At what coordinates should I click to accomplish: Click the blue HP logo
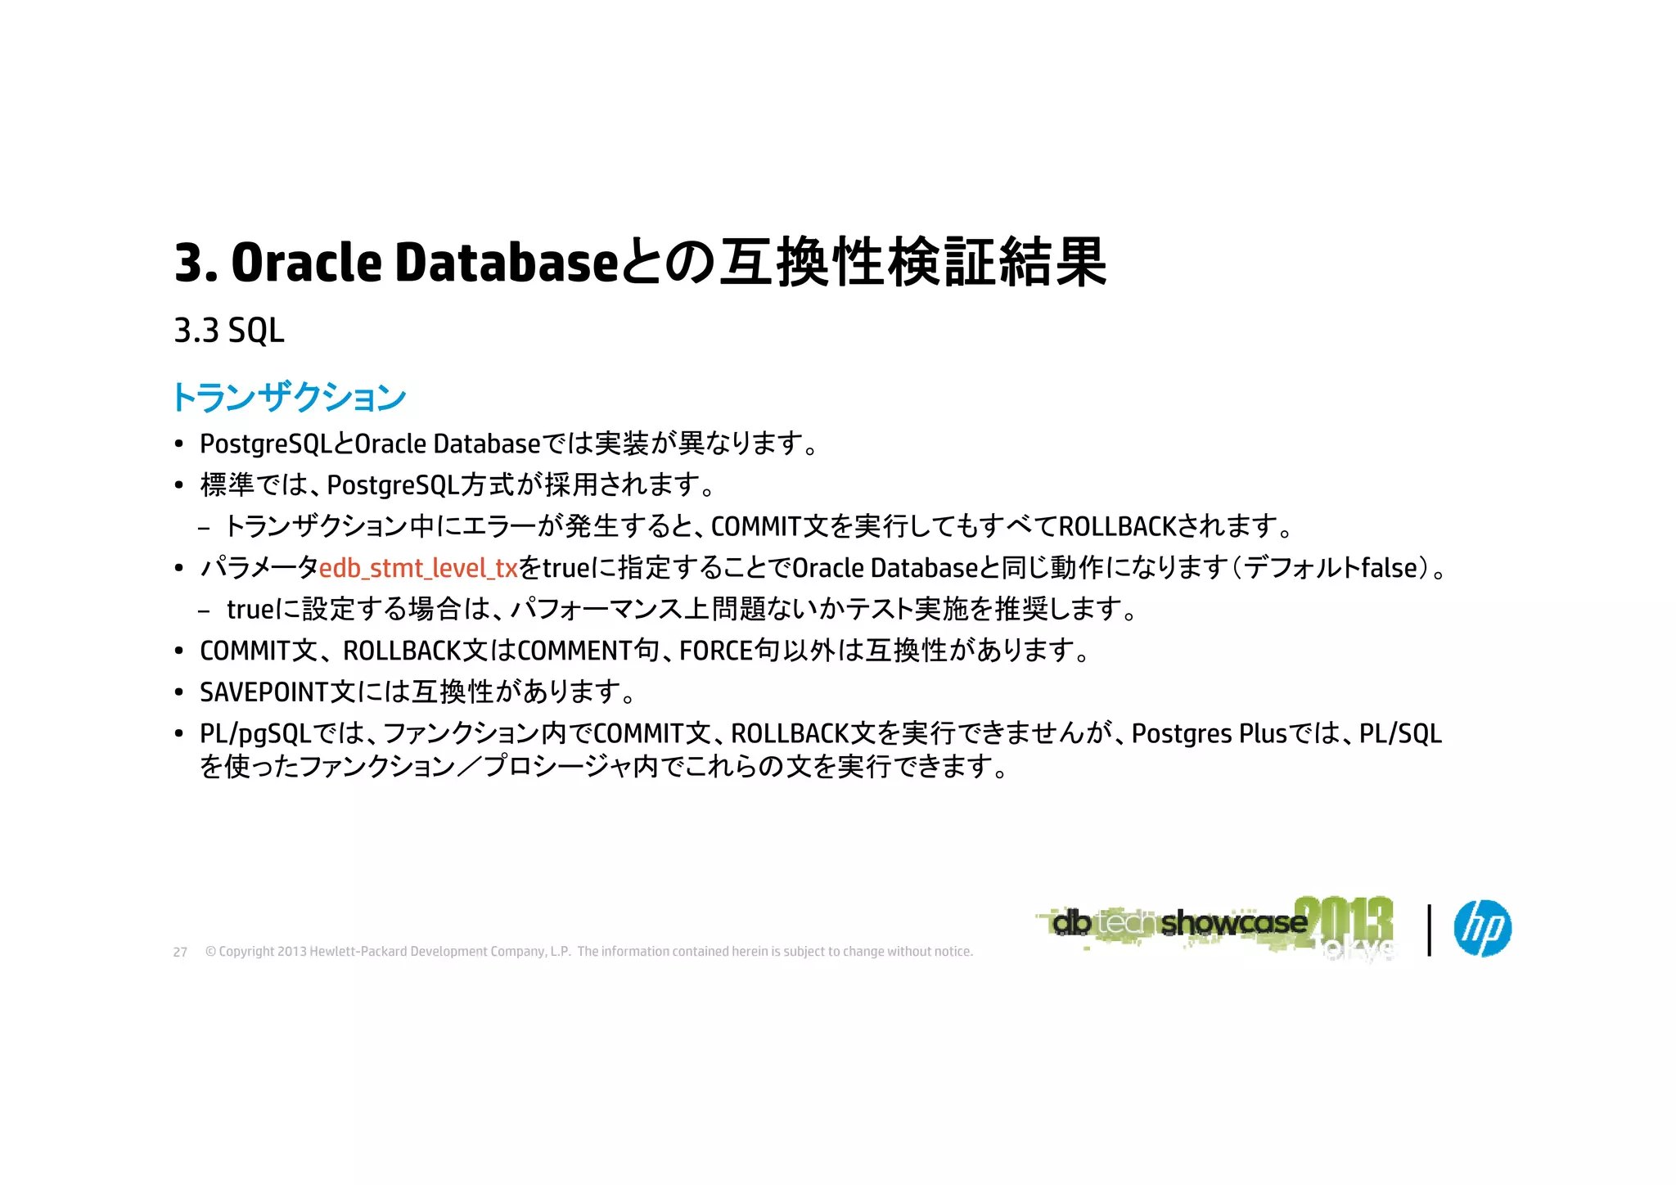coord(1482,928)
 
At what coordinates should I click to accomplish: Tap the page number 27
coord(180,952)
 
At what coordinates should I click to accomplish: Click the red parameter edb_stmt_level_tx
coord(418,568)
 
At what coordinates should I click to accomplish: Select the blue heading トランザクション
coord(289,398)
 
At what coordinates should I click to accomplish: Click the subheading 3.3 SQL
coord(229,331)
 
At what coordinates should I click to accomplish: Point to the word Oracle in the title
coord(307,263)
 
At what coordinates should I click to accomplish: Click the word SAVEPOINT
coord(264,692)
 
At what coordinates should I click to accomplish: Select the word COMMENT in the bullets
coord(575,651)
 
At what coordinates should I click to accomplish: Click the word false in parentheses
coord(1388,568)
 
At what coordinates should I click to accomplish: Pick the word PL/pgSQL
coord(255,734)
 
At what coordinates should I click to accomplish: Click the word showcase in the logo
coord(1233,923)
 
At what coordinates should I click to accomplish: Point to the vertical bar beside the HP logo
coord(1429,930)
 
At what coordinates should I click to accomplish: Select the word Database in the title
coord(507,263)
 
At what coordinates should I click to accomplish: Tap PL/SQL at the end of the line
coord(1400,734)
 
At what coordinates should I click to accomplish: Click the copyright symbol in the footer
coord(210,952)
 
